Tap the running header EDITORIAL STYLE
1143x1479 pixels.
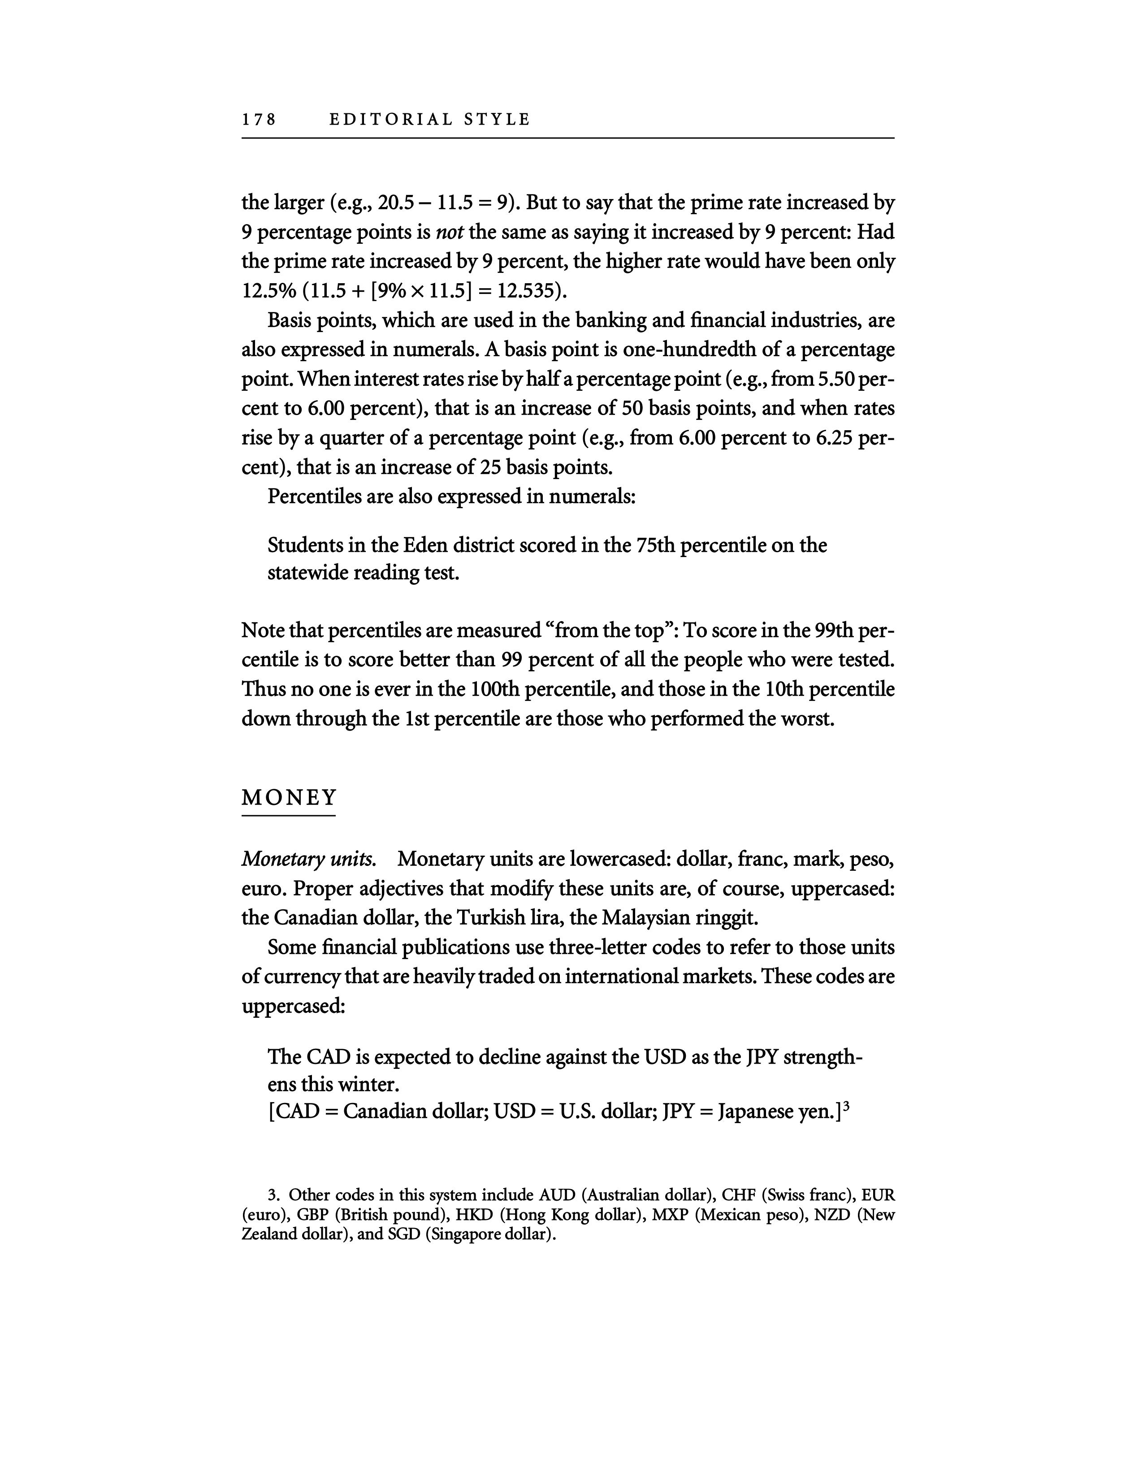(x=429, y=120)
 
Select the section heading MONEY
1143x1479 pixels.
(x=289, y=798)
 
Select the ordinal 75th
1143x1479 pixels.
(x=655, y=545)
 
